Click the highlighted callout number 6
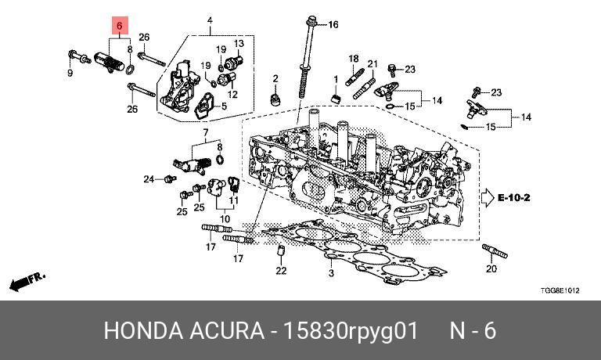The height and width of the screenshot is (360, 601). coord(120,26)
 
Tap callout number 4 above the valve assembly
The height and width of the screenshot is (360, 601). coord(210,20)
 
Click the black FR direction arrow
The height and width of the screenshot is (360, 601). coord(23,280)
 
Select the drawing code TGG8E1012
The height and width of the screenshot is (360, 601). coord(561,291)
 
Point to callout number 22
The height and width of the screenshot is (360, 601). coord(281,271)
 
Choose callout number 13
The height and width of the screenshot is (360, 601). coord(239,43)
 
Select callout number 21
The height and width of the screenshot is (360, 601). coord(372,64)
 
